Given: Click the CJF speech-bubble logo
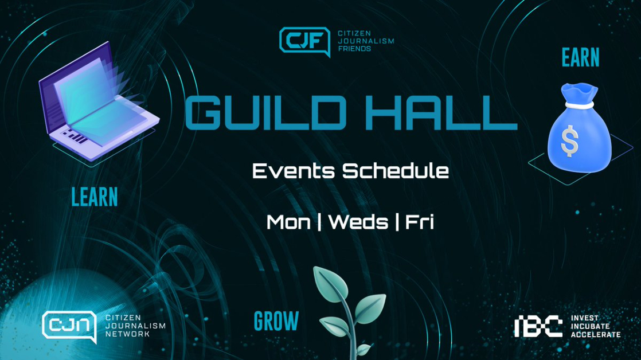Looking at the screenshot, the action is point(304,41).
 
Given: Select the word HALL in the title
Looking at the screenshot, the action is point(441,113).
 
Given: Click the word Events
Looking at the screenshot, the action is point(293,171).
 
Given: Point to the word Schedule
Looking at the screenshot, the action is point(395,171).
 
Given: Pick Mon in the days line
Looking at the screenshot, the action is point(288,222).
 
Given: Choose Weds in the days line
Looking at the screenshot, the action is point(358,222).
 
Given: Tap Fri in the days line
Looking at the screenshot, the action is point(420,222).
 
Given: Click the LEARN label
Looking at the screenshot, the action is point(95,197).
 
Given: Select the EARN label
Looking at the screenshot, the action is point(580,57).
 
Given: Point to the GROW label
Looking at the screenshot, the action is point(276,321).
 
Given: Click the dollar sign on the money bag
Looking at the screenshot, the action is point(569,141).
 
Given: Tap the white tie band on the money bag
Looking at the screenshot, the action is point(579,105).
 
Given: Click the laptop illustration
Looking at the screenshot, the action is point(99,101).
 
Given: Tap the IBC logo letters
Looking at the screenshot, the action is point(538,327).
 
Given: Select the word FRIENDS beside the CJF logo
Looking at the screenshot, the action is point(354,49).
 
